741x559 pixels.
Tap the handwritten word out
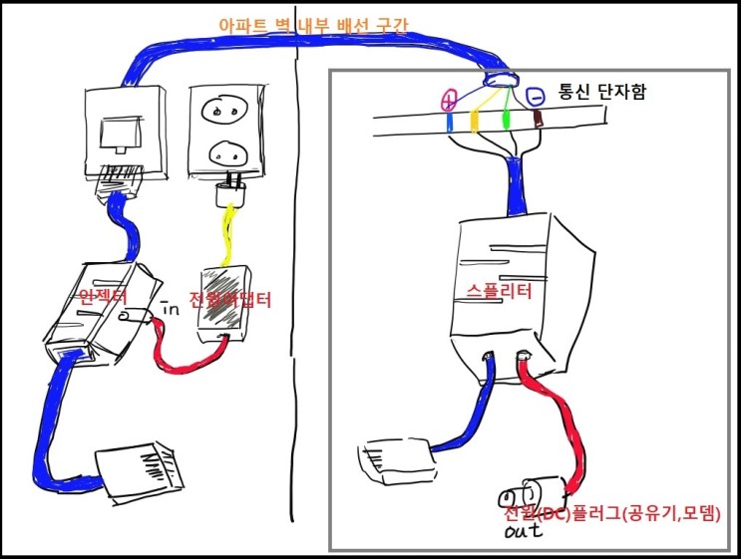click(523, 534)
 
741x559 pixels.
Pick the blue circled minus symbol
click(536, 98)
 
